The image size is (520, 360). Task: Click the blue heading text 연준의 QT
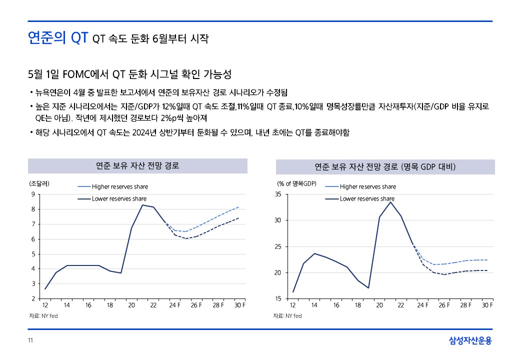tap(58, 38)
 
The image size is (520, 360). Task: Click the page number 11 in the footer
tap(30, 341)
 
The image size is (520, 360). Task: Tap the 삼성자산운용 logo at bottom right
tap(470, 341)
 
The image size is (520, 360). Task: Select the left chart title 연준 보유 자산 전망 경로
tap(137, 165)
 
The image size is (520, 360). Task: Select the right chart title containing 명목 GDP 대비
tap(385, 166)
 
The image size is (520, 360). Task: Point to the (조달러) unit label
tap(39, 183)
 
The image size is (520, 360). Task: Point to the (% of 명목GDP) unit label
tap(297, 183)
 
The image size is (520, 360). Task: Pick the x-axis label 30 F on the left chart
tap(240, 305)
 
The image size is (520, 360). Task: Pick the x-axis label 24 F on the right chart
tap(423, 305)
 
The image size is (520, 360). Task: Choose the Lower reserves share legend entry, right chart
tap(367, 199)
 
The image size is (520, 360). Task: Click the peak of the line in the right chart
tap(390, 202)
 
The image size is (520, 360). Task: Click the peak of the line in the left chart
tap(142, 205)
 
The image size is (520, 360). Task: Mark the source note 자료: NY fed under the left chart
tap(43, 316)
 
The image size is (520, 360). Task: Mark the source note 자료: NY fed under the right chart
tap(287, 316)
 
